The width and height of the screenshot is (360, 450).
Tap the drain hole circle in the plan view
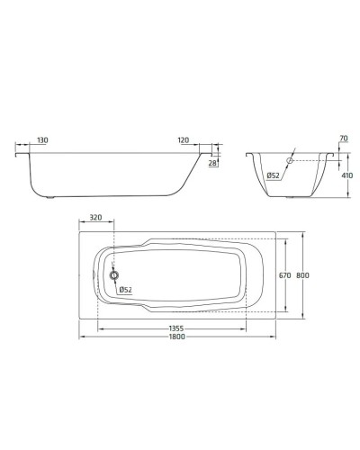pos(114,275)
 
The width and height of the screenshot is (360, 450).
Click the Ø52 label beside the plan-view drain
pos(126,290)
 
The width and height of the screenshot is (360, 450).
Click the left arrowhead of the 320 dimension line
pos(83,224)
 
